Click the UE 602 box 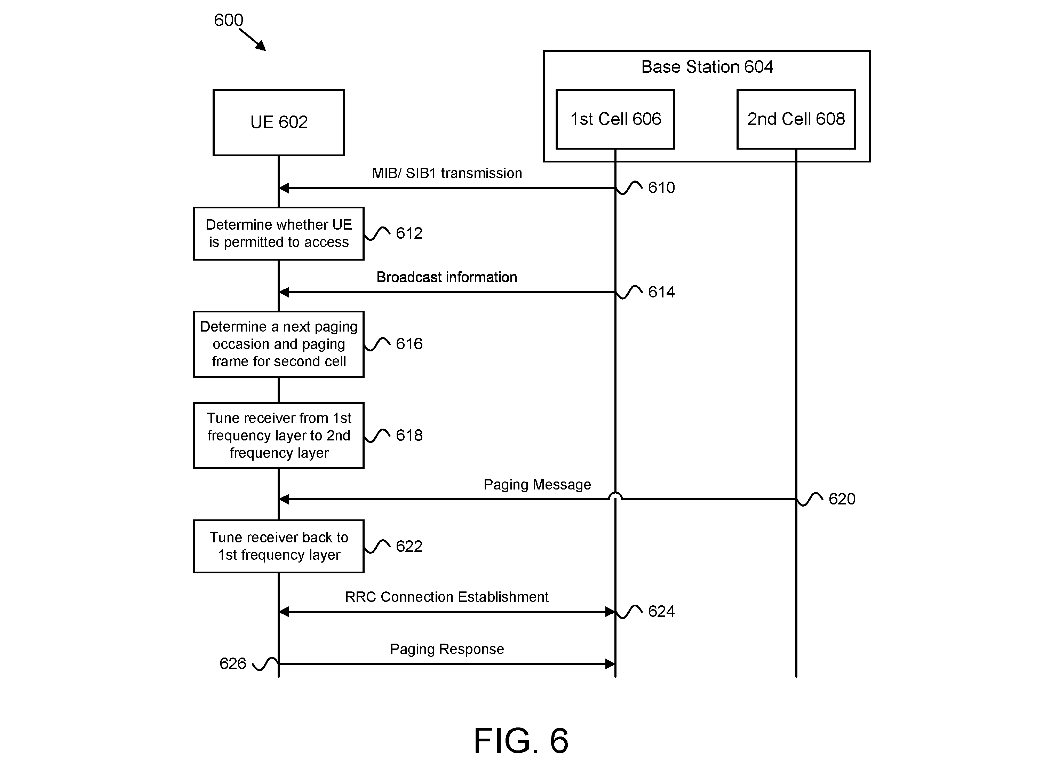tap(279, 122)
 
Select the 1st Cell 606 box tap(615, 119)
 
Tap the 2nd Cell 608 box tap(796, 119)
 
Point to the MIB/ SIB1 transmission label tap(447, 173)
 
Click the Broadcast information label tap(447, 277)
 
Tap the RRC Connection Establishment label tap(447, 597)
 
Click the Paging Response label tap(447, 649)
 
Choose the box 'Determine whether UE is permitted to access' tap(279, 233)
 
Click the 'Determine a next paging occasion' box tap(279, 344)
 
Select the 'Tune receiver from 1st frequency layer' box tap(279, 435)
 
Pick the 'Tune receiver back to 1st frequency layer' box tap(279, 546)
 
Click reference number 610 tap(661, 188)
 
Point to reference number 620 tap(842, 499)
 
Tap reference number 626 tap(233, 663)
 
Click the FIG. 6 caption tap(521, 740)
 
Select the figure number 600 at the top tap(229, 20)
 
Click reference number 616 tap(409, 344)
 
